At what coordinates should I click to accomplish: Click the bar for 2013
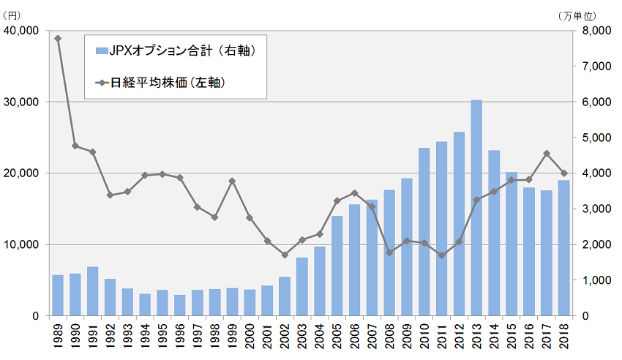pos(476,208)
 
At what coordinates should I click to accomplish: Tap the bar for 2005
pos(337,266)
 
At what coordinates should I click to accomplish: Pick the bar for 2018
pos(563,248)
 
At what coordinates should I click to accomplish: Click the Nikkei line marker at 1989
pos(58,38)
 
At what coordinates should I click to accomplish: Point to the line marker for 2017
pos(546,154)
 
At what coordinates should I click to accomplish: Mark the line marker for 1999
pos(232,181)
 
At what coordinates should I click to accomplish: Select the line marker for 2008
pos(389,252)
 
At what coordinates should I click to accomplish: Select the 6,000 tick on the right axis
pos(596,102)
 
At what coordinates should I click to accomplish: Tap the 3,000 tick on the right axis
pos(596,209)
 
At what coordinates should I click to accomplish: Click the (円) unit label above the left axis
pos(14,13)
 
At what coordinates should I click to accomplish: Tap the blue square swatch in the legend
pos(101,50)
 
